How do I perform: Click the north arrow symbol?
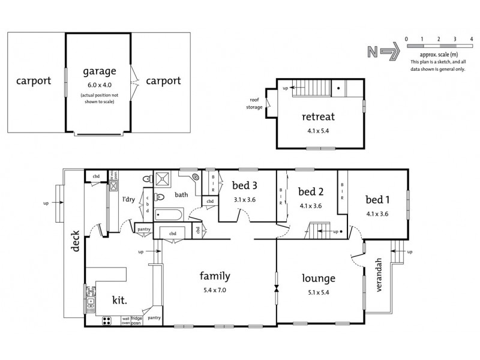click(380, 52)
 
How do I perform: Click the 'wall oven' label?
click(126, 320)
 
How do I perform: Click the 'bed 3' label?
click(246, 185)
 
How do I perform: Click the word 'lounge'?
click(318, 278)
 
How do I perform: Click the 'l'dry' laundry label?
click(128, 199)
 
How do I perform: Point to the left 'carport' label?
click(34, 80)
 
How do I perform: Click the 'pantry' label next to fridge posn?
click(154, 318)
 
